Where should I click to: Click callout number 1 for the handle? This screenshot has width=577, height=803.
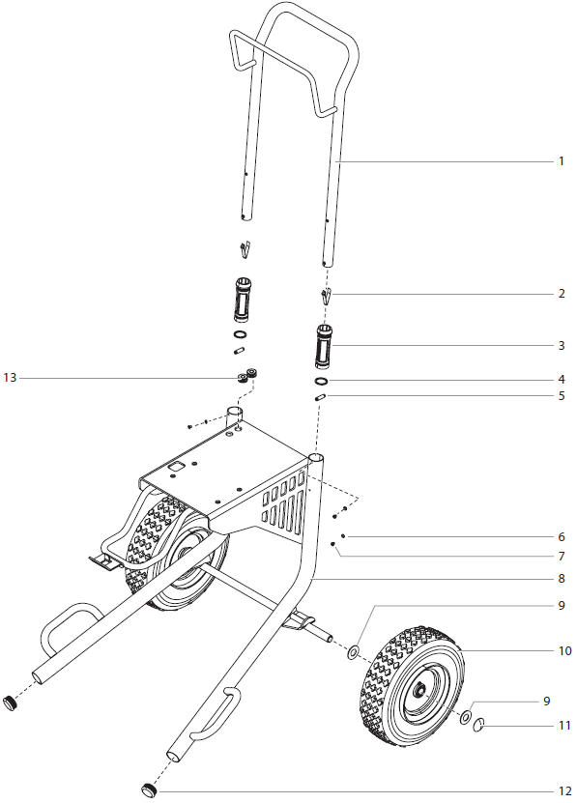coord(560,161)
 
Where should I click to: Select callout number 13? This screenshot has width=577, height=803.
coord(10,378)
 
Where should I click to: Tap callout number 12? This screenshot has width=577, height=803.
coord(560,791)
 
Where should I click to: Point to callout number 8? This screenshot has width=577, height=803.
coord(560,579)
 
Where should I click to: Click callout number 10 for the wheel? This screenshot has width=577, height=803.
coord(564,651)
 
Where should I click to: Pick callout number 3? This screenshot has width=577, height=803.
coord(560,345)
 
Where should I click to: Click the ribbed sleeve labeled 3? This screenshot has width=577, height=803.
coord(325,346)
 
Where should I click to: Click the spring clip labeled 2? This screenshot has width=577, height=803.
coord(327,294)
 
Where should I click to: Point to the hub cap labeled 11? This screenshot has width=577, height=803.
coord(478,726)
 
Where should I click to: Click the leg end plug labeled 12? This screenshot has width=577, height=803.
coord(150,790)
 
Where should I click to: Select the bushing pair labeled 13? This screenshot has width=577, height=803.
coord(247,375)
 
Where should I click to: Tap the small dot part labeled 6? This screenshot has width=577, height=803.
coord(343,535)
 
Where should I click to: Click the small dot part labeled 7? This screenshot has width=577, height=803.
coord(333,545)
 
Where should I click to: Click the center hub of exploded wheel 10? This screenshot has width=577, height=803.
coord(422,693)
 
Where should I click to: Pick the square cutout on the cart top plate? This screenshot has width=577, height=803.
coord(177,466)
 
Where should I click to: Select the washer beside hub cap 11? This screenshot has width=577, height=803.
coord(465,718)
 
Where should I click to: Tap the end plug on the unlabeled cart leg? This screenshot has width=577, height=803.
coord(11,702)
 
